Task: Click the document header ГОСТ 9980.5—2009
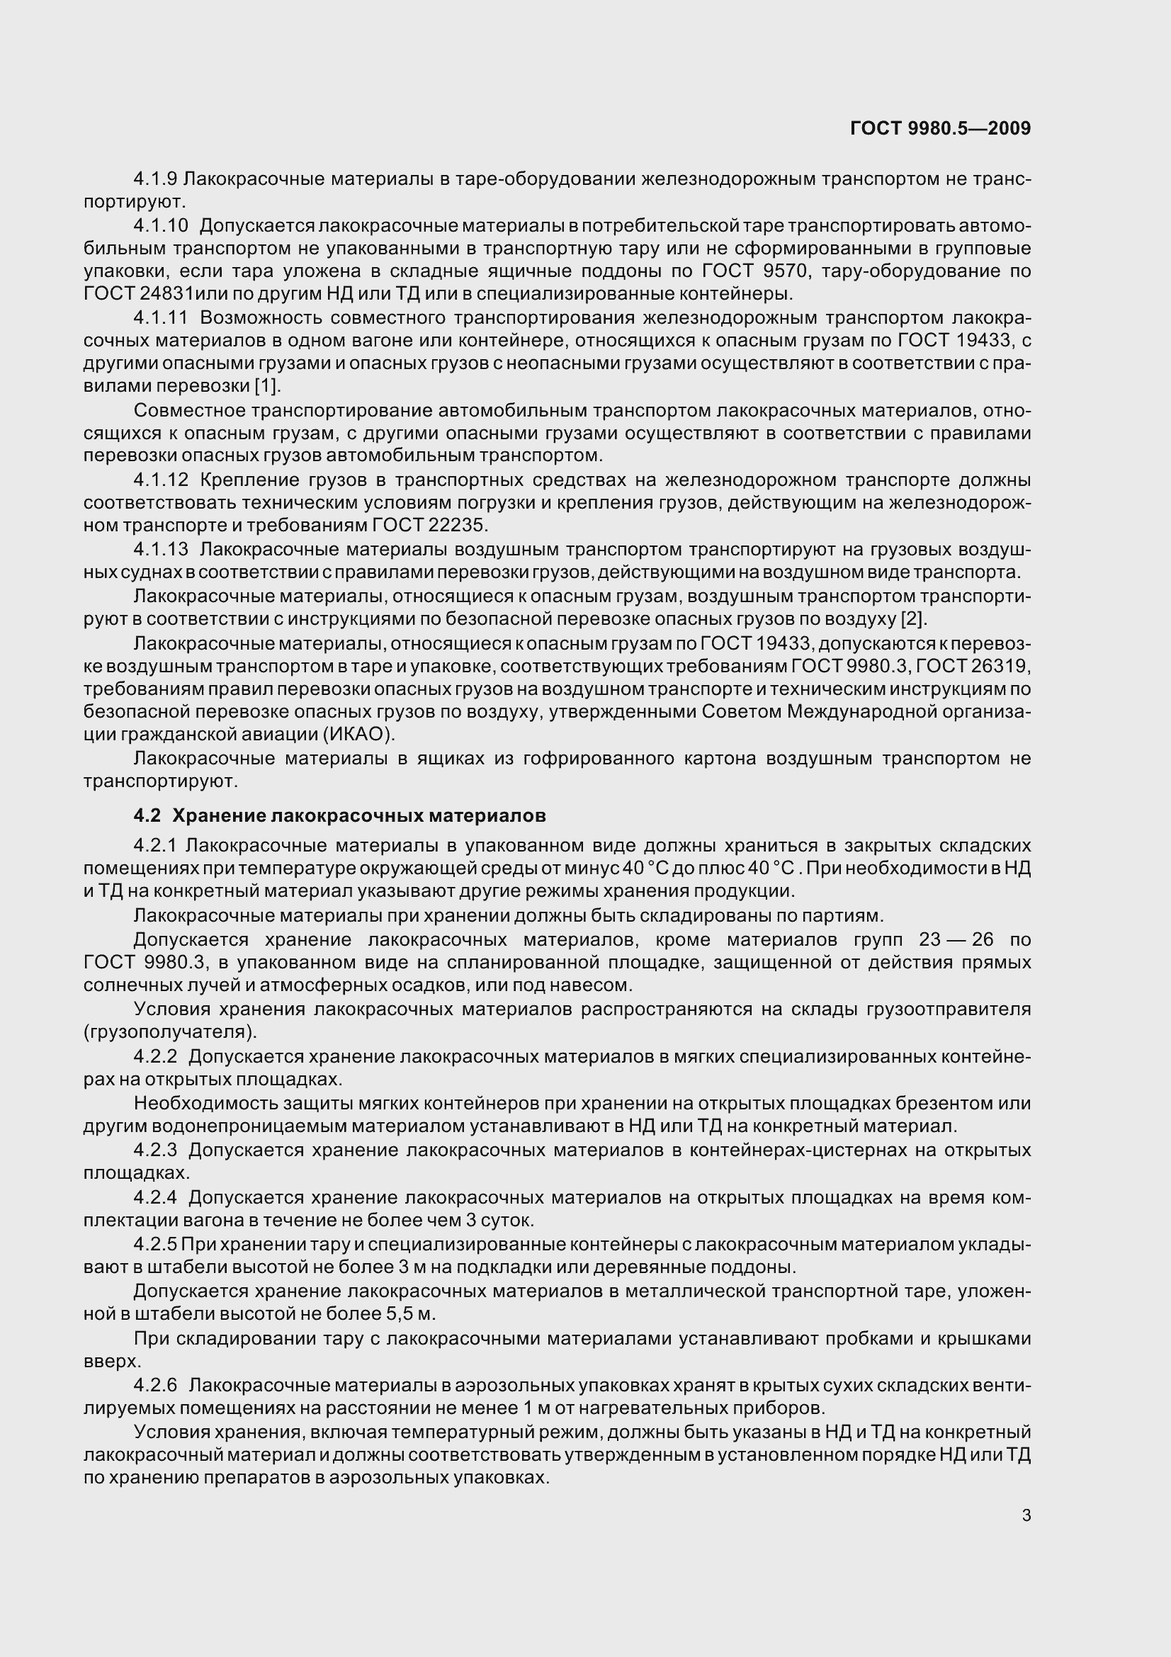[x=940, y=128]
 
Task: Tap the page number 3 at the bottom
[x=1026, y=1515]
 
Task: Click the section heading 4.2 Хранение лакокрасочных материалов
[x=339, y=815]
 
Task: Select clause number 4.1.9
[x=155, y=179]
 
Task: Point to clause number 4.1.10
[x=160, y=226]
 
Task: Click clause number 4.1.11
[x=160, y=317]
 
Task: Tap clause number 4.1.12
[x=160, y=480]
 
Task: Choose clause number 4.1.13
[x=160, y=550]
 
